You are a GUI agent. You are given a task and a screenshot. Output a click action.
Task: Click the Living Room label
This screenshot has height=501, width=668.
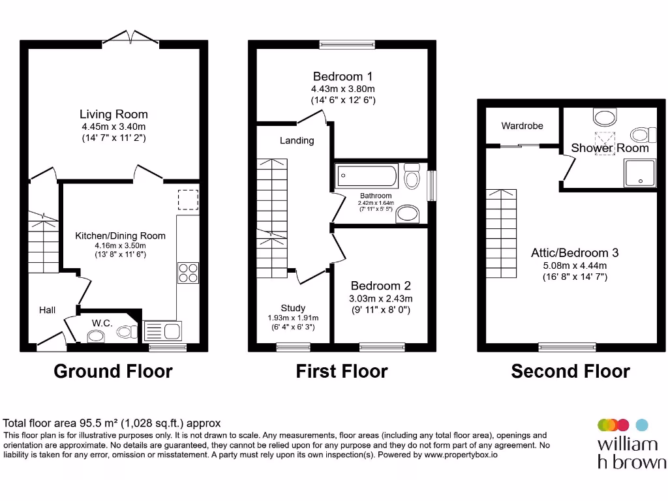(114, 114)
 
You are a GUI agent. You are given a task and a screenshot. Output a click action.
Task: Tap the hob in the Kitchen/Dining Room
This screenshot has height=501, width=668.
(188, 272)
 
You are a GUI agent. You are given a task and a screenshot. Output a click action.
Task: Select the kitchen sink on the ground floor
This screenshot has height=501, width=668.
(162, 331)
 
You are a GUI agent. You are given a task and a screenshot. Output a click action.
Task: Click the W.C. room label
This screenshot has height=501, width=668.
(102, 322)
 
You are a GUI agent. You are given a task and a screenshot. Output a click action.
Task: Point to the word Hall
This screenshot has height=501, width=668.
(47, 311)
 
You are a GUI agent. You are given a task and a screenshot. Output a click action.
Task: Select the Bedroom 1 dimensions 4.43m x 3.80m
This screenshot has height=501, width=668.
(342, 89)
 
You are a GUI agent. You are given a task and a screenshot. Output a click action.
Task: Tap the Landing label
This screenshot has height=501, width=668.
(297, 140)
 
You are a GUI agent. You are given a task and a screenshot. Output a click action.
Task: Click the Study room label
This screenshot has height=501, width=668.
(293, 308)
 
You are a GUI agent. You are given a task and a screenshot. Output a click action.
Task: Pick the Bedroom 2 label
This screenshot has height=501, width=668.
(380, 286)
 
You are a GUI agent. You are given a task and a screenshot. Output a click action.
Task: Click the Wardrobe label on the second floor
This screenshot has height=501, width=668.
(522, 126)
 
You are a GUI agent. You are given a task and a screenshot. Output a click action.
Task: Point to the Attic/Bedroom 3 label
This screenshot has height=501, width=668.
(575, 252)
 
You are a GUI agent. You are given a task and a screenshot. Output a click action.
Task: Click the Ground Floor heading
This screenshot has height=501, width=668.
(113, 371)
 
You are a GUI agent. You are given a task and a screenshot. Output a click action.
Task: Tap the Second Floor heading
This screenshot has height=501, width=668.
(570, 371)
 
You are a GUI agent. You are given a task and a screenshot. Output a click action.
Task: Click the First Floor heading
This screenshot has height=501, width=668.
(342, 371)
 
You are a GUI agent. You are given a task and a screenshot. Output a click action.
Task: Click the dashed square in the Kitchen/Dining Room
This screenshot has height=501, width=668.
(188, 200)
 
